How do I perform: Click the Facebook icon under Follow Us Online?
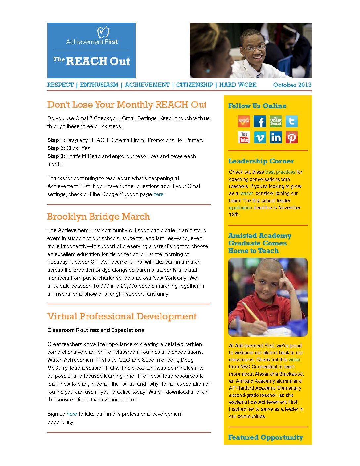point(260,121)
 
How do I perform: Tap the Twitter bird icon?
point(292,121)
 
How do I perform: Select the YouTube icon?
point(244,137)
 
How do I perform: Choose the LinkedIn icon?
point(276,137)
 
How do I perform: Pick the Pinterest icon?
point(292,137)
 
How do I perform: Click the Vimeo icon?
point(260,137)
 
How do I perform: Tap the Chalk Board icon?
point(276,121)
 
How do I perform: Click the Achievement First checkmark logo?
point(103,32)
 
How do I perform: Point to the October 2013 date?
point(292,85)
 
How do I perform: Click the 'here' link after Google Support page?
point(158,194)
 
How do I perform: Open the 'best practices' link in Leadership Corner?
point(280,172)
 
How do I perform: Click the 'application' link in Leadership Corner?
point(241,208)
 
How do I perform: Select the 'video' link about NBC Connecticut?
point(294,360)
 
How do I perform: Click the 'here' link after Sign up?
point(72,414)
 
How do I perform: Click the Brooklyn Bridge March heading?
point(98,217)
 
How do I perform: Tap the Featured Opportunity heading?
point(265,437)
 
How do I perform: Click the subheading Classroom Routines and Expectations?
point(96,330)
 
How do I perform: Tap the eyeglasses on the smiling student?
point(255,48)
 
